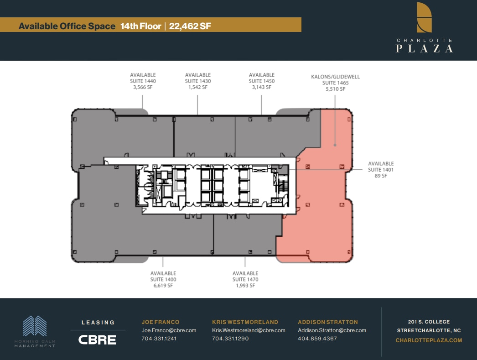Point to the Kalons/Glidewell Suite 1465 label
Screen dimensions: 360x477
click(x=335, y=83)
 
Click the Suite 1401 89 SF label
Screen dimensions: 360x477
click(x=381, y=170)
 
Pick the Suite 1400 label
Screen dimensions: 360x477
click(x=163, y=279)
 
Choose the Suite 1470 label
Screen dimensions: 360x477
click(x=245, y=279)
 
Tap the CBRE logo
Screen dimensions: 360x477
click(x=97, y=339)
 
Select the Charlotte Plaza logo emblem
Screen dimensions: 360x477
click(x=424, y=17)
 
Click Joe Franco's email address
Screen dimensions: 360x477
click(x=169, y=330)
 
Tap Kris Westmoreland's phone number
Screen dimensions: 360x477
click(x=230, y=339)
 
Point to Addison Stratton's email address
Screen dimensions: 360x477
click(x=332, y=330)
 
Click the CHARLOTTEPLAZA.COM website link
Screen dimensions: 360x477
click(x=429, y=340)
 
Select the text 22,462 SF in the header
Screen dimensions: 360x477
click(x=190, y=26)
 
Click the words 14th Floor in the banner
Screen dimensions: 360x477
click(x=140, y=26)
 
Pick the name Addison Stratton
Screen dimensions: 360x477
click(x=328, y=322)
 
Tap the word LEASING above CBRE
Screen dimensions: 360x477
click(x=98, y=323)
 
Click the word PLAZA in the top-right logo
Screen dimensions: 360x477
click(x=424, y=48)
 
